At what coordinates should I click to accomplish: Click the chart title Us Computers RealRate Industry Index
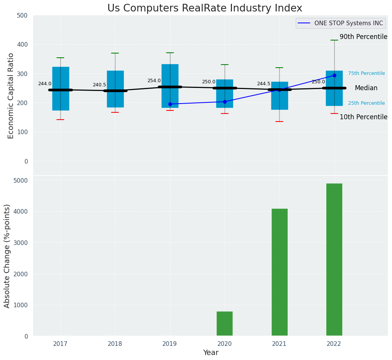[x=204, y=8]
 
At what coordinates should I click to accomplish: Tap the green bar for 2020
[x=225, y=324]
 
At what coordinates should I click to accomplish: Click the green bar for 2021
[x=279, y=272]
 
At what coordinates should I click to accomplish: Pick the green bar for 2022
[x=334, y=260]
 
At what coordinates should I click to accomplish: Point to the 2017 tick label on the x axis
[x=60, y=344]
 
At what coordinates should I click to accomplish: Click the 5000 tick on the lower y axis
[x=21, y=180]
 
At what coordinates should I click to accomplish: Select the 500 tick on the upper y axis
[x=23, y=15]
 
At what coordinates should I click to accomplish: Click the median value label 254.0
[x=154, y=81]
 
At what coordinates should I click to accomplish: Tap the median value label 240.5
[x=99, y=85]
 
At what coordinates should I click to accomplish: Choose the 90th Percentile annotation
[x=363, y=37]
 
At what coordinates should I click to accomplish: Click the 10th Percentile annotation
[x=363, y=117]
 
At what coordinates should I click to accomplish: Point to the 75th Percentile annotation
[x=366, y=73]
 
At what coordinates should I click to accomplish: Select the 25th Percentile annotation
[x=366, y=103]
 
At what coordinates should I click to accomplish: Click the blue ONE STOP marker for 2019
[x=170, y=104]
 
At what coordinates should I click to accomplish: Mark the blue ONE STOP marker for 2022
[x=334, y=75]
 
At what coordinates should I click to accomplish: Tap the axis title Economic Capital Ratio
[x=11, y=96]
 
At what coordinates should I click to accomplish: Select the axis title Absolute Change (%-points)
[x=7, y=256]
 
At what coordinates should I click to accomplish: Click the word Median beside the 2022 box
[x=366, y=88]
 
